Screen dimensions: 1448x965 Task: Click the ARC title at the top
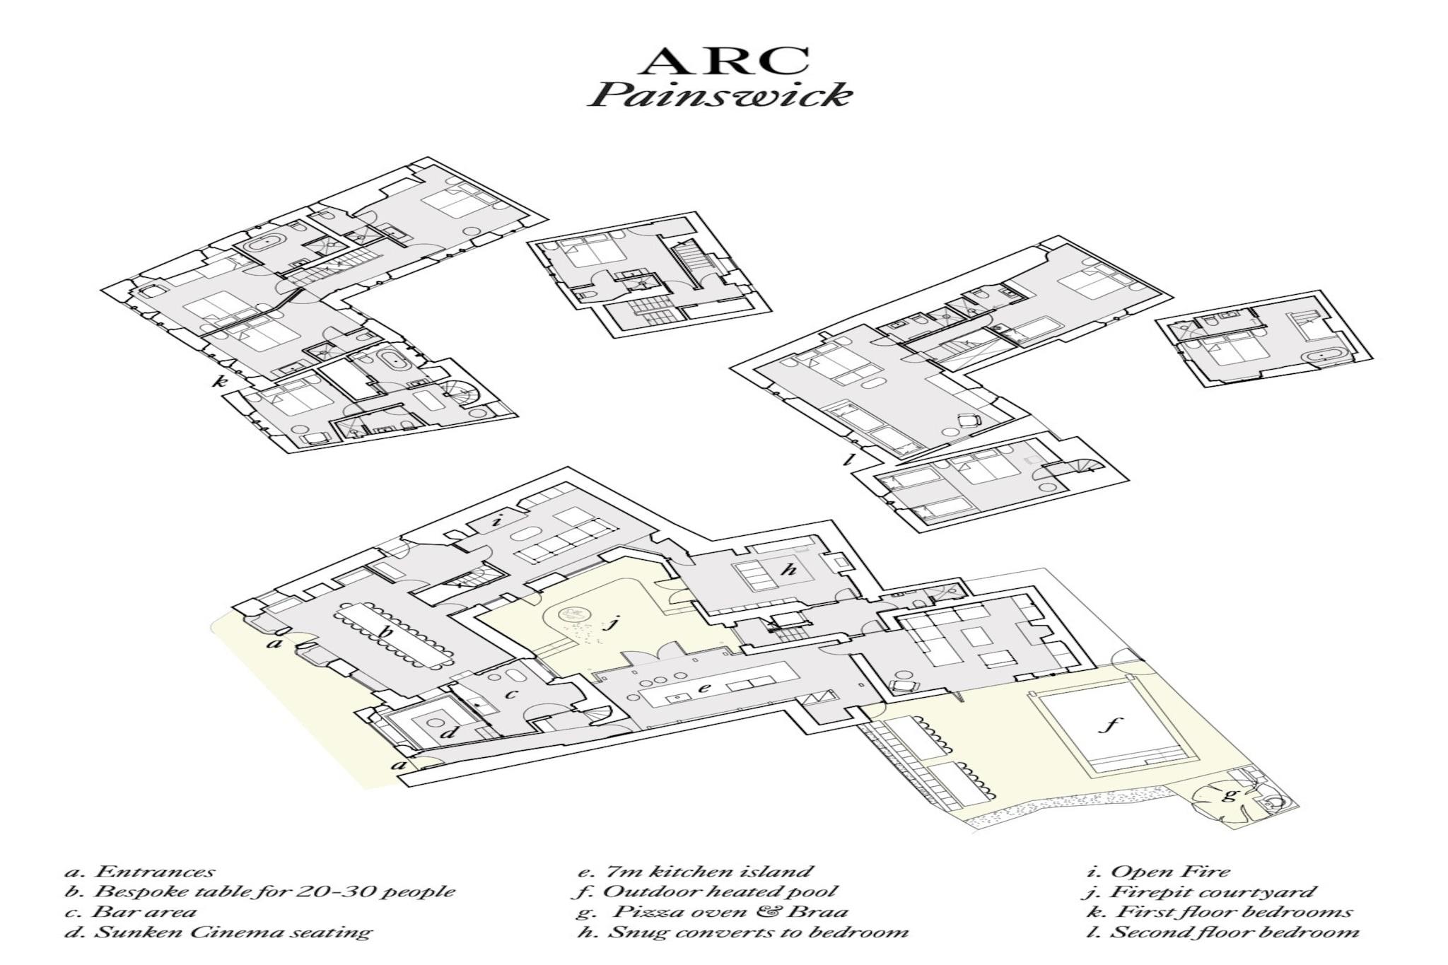(724, 62)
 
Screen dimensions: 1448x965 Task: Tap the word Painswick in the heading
(720, 95)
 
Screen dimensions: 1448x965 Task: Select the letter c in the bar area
(511, 694)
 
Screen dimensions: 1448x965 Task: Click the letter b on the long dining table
(387, 633)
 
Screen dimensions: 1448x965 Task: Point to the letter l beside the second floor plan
(849, 461)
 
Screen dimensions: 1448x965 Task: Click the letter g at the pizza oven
(1231, 795)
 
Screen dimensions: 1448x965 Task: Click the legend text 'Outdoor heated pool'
(720, 891)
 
